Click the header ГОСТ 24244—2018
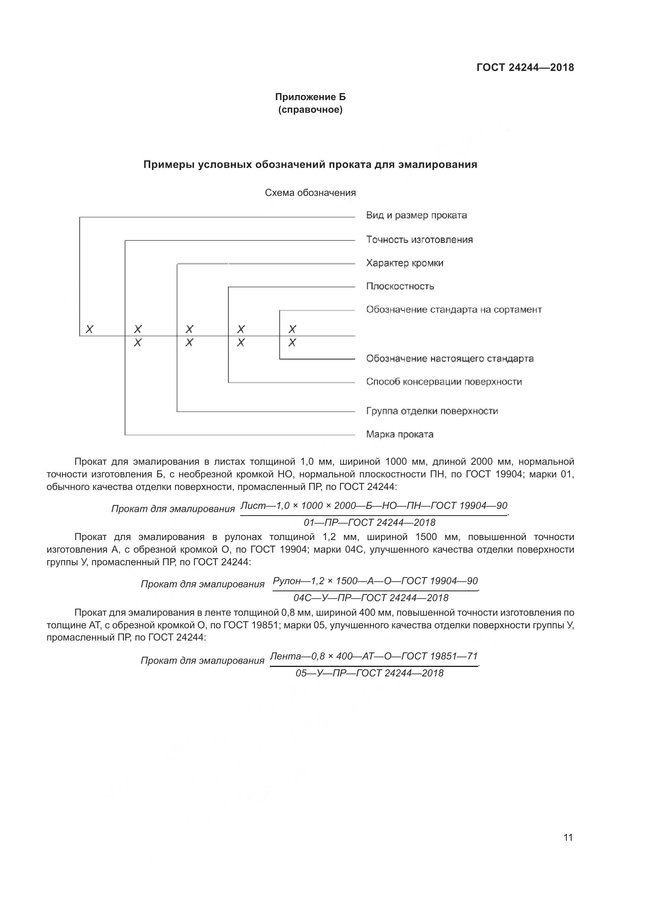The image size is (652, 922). click(x=525, y=67)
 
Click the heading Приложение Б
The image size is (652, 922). click(x=310, y=97)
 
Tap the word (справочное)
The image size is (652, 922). click(x=310, y=110)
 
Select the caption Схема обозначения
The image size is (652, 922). click(x=310, y=193)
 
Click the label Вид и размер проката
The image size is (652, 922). click(x=416, y=215)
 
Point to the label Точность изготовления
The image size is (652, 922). click(x=419, y=240)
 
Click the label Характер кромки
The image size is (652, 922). click(x=405, y=263)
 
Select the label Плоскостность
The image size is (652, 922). click(x=400, y=286)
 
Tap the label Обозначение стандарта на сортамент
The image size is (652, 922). click(x=454, y=309)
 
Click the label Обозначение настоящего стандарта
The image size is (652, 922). click(x=450, y=359)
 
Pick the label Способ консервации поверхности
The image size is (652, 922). click(x=444, y=382)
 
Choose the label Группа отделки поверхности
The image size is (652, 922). click(x=432, y=411)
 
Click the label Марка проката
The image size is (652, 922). click(x=400, y=434)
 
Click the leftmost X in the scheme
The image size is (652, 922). click(x=90, y=329)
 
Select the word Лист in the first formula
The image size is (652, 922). click(x=253, y=506)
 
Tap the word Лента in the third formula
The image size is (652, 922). click(x=285, y=657)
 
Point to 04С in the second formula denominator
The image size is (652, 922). click(x=302, y=598)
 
